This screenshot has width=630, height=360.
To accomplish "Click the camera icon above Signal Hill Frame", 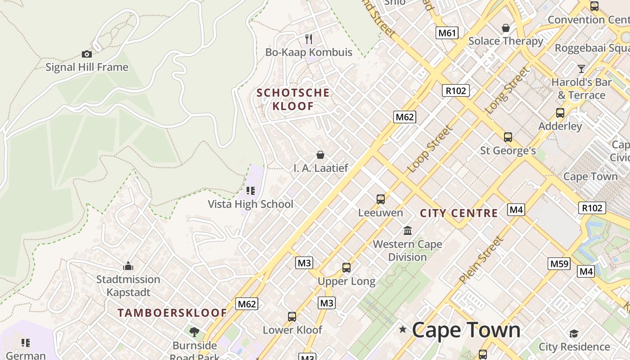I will (87, 54).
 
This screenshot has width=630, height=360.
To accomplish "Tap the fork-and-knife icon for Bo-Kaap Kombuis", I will (309, 39).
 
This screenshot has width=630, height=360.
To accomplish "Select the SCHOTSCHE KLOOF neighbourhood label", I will (293, 99).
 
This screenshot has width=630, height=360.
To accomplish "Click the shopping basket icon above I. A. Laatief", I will (320, 155).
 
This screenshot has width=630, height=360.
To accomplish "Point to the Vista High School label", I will (250, 204).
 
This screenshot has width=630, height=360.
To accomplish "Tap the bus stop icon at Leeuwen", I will (381, 199).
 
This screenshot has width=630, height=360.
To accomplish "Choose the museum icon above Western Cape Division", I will (408, 230).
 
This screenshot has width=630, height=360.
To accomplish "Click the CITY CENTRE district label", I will (459, 213).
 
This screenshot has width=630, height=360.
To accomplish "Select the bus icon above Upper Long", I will (346, 268).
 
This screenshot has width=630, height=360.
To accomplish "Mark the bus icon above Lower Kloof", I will (292, 316).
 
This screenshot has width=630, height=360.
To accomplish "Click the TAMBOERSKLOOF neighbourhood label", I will (172, 313).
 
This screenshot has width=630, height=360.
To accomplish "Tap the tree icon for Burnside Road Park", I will (194, 332).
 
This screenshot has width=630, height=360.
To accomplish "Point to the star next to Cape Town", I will (403, 330).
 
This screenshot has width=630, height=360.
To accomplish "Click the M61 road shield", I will (447, 32).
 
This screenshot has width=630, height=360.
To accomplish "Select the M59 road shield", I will (559, 263).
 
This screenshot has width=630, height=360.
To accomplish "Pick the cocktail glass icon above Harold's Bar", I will (581, 69).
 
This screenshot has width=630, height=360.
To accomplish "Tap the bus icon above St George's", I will (508, 137).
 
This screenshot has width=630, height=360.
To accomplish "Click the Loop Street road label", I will (429, 149).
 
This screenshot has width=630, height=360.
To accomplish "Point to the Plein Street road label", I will (481, 260).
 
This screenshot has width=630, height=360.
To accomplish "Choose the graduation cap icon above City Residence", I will (574, 333).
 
